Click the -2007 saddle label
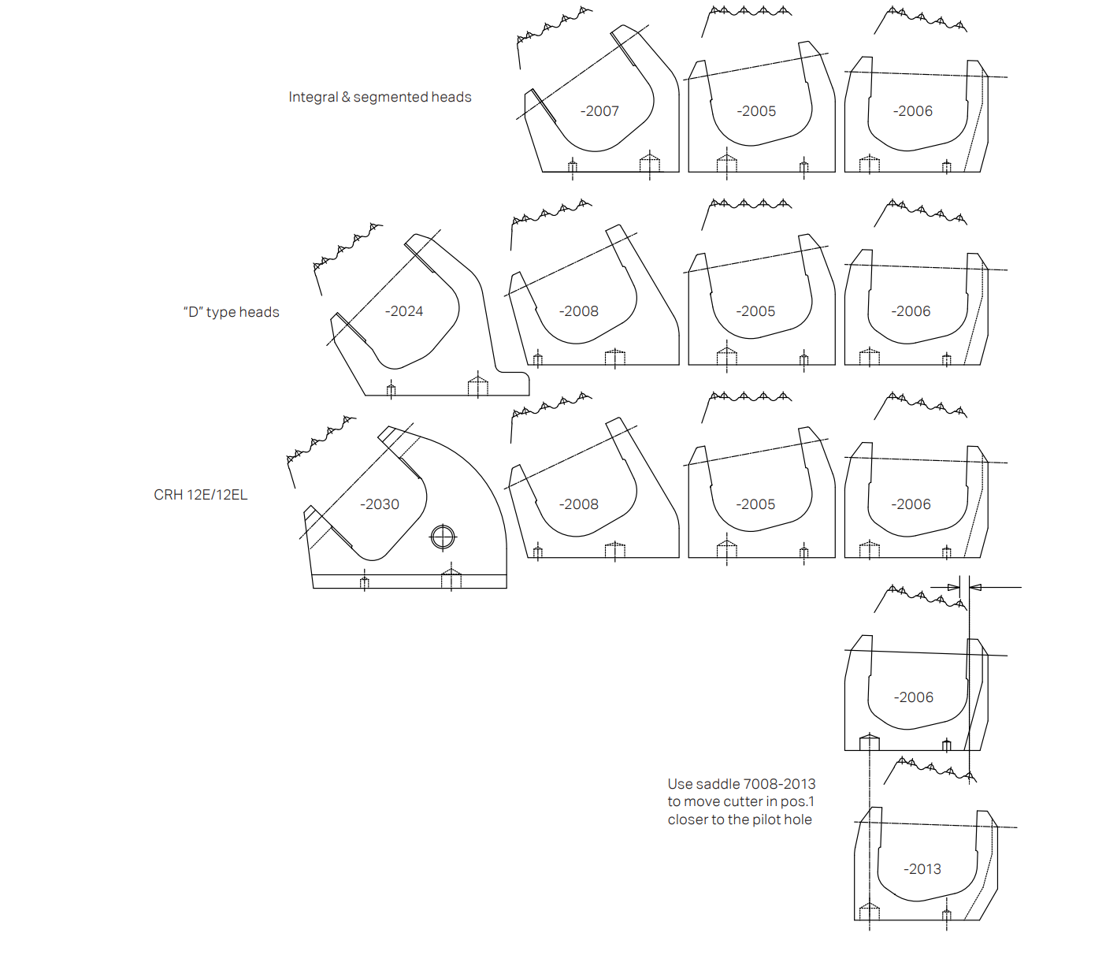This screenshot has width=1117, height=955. [x=599, y=111]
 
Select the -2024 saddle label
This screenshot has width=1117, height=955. [x=403, y=311]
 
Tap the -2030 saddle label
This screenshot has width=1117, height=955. [x=380, y=504]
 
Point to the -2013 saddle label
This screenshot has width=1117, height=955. [x=922, y=869]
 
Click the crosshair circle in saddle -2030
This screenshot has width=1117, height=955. [x=443, y=537]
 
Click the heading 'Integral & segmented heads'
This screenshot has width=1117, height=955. [x=380, y=97]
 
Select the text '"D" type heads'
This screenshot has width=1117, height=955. [x=232, y=312]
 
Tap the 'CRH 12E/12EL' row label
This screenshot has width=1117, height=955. [x=201, y=495]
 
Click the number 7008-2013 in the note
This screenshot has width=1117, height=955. [x=779, y=784]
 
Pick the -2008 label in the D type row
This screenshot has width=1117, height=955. [x=579, y=311]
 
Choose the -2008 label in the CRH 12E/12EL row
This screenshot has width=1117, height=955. [x=579, y=504]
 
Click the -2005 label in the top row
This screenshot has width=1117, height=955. [x=756, y=111]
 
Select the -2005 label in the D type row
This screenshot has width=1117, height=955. [x=755, y=311]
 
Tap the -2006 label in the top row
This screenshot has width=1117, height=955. [x=913, y=111]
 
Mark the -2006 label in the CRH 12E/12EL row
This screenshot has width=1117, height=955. [x=911, y=504]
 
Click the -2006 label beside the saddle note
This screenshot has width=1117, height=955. [x=913, y=697]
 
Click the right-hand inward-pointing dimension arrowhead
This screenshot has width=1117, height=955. [x=975, y=587]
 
